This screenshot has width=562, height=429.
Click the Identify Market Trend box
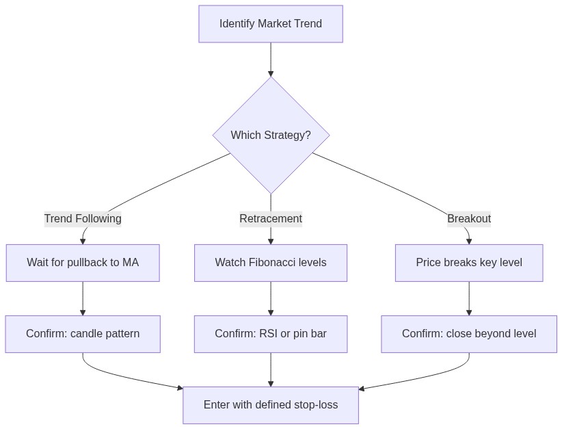click(271, 24)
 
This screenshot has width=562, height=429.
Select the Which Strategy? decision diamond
click(271, 135)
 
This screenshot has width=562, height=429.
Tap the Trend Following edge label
click(83, 219)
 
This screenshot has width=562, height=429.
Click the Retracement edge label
click(271, 219)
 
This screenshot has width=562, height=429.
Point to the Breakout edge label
click(469, 219)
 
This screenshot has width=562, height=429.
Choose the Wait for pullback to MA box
click(83, 263)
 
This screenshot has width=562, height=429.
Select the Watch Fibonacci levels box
click(271, 263)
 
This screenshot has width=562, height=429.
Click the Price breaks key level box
click(469, 263)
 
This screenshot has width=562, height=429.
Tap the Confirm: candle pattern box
click(83, 334)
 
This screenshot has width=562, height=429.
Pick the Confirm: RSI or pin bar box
click(271, 334)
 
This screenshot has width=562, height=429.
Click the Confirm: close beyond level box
click(469, 334)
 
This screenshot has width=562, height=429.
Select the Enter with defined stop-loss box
click(271, 405)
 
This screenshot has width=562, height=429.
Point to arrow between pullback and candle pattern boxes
click(83, 298)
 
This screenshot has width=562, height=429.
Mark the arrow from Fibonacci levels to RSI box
click(271, 298)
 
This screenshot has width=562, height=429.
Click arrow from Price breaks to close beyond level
click(469, 298)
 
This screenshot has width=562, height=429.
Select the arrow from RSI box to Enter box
click(271, 369)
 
